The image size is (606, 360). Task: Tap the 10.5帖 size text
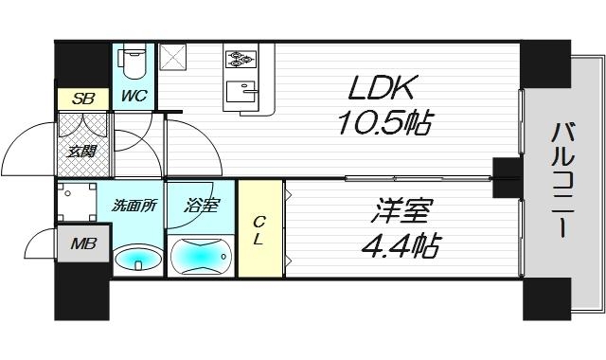coord(383,122)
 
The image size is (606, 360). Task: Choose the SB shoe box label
coord(73,97)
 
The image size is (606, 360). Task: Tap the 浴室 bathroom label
coord(201,205)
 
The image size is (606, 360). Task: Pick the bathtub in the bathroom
coord(201,255)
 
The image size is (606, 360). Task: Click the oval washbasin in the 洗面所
coord(137,257)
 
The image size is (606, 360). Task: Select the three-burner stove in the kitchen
coord(241,59)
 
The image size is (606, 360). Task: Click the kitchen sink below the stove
coord(242,93)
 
